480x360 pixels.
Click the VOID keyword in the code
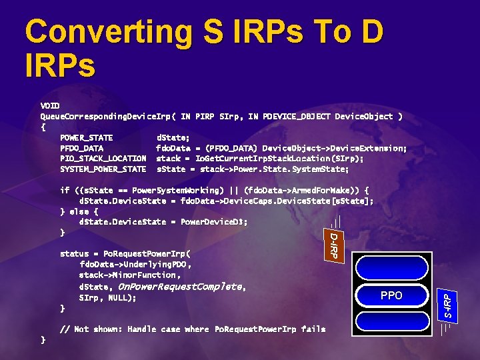point(50,105)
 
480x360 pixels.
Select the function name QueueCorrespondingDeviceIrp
point(105,116)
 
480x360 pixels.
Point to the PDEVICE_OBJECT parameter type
point(289,116)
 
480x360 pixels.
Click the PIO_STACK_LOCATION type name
point(103,158)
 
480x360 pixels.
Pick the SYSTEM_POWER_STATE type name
point(103,169)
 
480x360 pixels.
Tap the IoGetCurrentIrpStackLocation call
point(261,158)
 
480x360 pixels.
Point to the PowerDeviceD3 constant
point(214,222)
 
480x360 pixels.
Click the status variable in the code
point(74,254)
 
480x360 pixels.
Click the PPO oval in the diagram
point(391,295)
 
